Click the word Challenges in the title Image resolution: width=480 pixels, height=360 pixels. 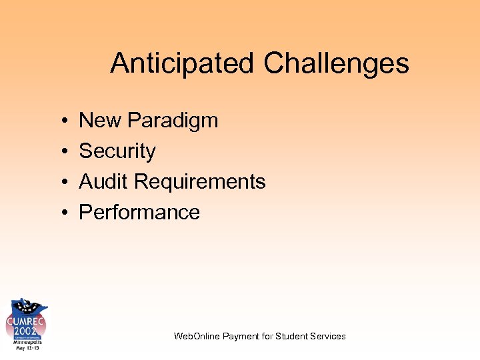336,64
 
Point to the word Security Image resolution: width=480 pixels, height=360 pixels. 117,151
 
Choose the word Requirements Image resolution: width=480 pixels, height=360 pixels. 200,181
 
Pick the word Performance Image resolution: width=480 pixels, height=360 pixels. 139,212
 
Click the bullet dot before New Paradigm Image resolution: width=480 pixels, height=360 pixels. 61,121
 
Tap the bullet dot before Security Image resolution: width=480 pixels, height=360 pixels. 61,152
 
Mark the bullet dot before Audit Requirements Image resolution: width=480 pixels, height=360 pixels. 61,182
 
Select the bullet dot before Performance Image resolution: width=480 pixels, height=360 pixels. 61,213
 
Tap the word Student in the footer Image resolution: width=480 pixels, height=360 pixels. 291,336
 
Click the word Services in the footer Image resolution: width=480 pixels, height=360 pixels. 328,336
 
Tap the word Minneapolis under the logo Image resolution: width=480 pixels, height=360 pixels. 26,341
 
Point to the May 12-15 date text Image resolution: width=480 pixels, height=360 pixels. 26,348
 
